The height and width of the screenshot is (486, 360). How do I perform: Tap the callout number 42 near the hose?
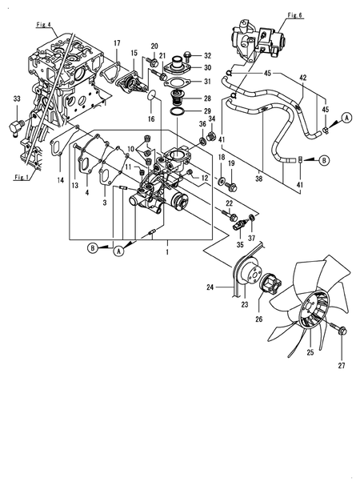302,78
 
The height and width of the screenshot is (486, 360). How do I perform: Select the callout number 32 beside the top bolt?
207,55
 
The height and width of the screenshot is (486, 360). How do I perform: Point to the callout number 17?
116,42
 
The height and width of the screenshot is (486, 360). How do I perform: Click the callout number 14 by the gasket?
59,182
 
